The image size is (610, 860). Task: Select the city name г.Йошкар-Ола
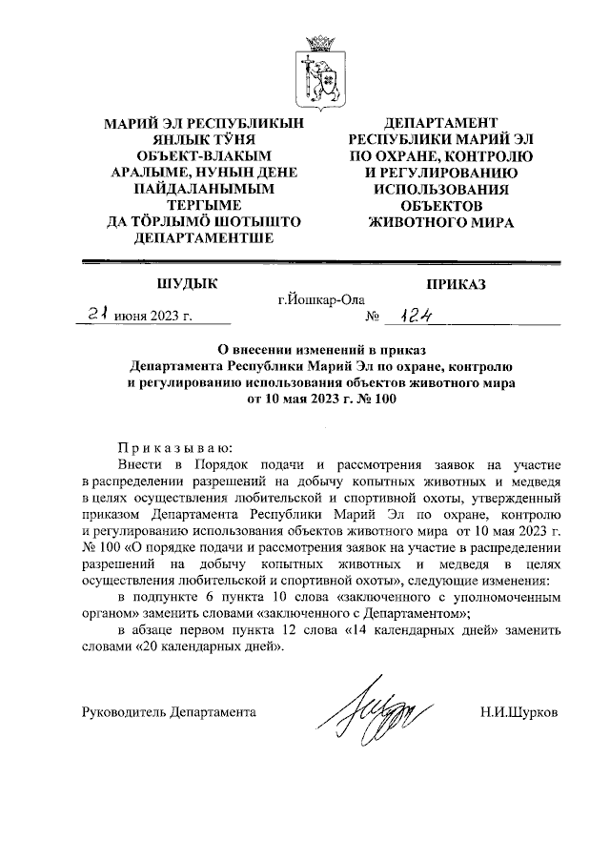321,300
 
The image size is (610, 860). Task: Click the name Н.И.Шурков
519,711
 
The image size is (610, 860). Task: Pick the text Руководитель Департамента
168,711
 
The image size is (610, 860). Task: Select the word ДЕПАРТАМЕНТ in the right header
440,123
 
